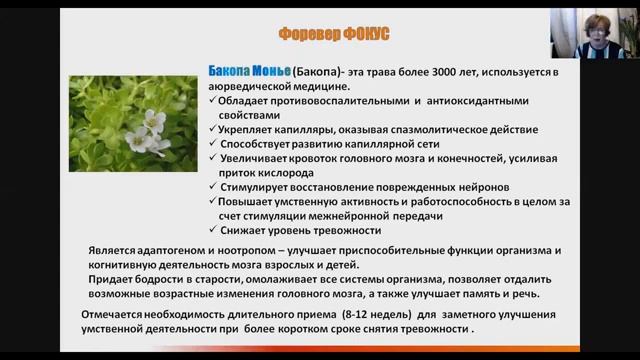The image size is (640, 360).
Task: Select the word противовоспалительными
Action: [x=338, y=101]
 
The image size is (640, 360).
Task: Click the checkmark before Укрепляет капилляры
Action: [x=217, y=129]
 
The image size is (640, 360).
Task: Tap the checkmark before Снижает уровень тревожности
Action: [x=217, y=231]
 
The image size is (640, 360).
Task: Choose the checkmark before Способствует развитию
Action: [x=217, y=143]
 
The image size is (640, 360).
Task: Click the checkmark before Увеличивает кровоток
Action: [x=217, y=158]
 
